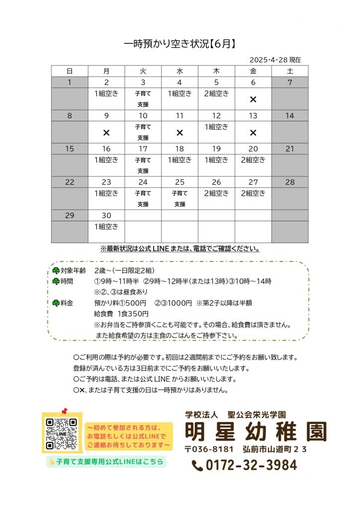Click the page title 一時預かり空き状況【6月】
(180, 44)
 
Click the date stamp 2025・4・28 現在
(275, 60)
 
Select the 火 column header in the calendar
(143, 71)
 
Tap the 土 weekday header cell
(289, 71)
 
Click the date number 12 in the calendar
(216, 116)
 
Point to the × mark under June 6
(253, 99)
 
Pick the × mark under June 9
(106, 133)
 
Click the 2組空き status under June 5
(216, 93)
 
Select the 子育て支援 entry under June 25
(180, 198)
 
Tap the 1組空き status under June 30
(106, 227)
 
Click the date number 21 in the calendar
(289, 149)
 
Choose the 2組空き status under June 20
(253, 160)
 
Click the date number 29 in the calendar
(70, 215)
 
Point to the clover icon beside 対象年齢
(56, 270)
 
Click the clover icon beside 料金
(56, 303)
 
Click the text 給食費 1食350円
(121, 314)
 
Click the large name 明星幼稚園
(256, 431)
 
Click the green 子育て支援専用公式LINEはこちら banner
(105, 462)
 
